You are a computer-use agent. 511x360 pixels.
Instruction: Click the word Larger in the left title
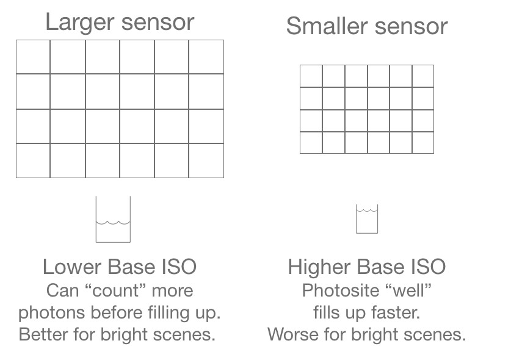point(79,23)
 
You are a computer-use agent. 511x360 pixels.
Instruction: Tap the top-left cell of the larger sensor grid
point(33,57)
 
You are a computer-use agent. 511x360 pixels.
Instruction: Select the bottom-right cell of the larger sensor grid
point(206,160)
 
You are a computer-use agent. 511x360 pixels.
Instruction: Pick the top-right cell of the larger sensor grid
point(206,57)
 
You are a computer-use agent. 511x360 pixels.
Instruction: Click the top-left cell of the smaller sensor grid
point(311,76)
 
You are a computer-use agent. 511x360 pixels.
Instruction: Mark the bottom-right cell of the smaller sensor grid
point(422,142)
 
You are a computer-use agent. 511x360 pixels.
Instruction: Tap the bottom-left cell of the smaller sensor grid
point(311,142)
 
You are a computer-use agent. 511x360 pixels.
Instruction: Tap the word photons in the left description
point(53,312)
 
